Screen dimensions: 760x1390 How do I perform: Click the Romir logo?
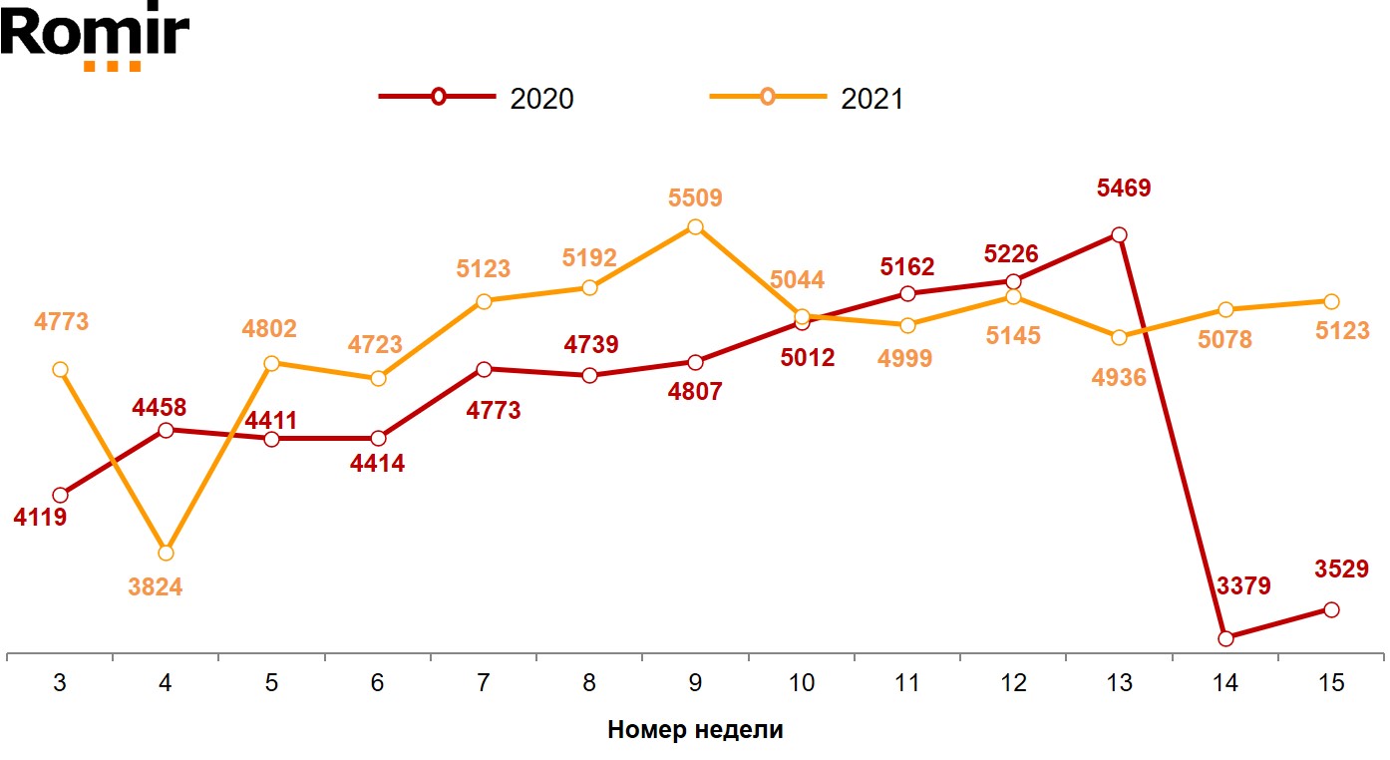(x=95, y=36)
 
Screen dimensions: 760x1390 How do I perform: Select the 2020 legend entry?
(x=477, y=98)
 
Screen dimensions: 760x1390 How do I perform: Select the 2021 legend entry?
(x=807, y=98)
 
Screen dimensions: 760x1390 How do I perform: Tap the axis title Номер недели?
(x=695, y=730)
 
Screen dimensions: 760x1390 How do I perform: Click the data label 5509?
(x=695, y=198)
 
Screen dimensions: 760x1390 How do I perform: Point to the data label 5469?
(x=1124, y=188)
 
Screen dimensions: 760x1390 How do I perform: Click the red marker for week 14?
(x=1225, y=638)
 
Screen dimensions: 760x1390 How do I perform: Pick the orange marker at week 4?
(x=166, y=553)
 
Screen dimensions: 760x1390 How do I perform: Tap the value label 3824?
(x=156, y=587)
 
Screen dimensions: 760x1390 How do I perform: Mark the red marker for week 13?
(x=1120, y=234)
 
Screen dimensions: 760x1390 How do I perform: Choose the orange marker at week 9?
(x=695, y=226)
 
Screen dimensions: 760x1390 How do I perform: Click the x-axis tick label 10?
(x=801, y=684)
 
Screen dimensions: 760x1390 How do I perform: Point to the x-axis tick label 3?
(x=60, y=684)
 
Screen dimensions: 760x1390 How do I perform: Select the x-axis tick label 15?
(x=1331, y=684)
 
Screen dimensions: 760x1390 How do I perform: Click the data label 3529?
(x=1340, y=570)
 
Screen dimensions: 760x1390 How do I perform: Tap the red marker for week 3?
(x=60, y=495)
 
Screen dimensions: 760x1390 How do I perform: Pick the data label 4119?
(x=40, y=518)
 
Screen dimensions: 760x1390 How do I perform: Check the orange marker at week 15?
(x=1331, y=301)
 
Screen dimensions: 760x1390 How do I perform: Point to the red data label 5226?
(x=1011, y=254)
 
